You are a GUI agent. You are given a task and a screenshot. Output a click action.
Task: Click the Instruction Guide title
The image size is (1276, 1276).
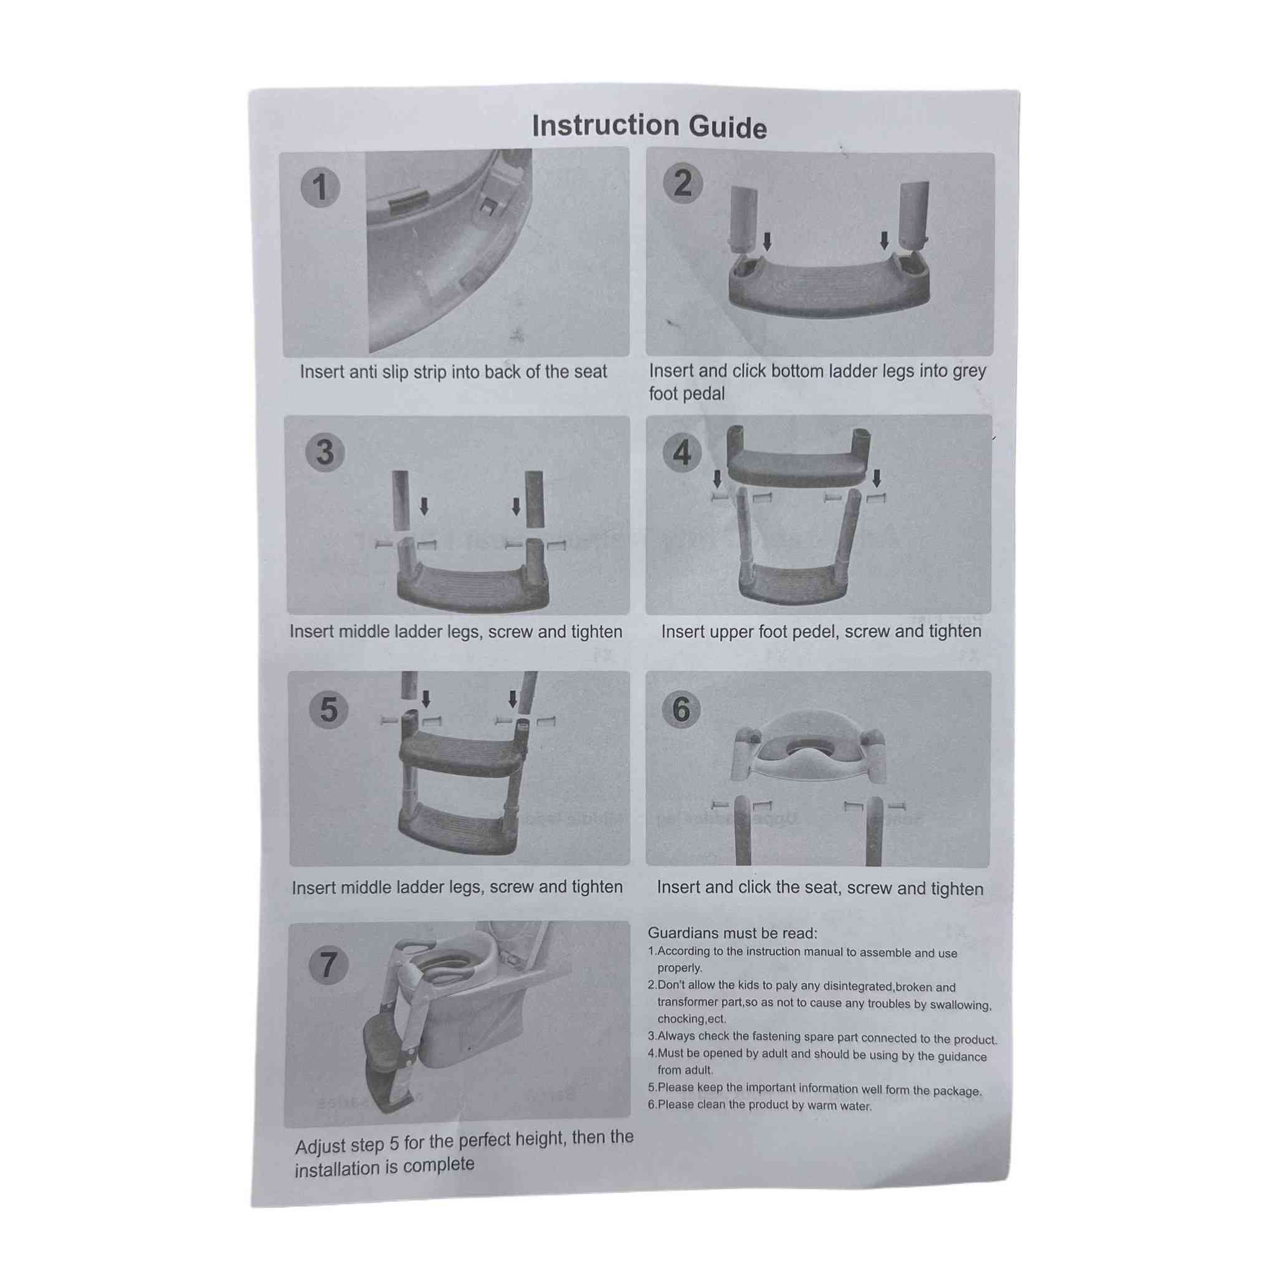tap(649, 126)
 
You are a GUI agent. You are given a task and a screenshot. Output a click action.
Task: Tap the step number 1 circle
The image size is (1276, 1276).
tap(320, 187)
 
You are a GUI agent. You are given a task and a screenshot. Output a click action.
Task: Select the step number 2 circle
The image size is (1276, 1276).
tap(683, 183)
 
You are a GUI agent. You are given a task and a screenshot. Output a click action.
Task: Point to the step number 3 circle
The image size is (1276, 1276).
tap(325, 452)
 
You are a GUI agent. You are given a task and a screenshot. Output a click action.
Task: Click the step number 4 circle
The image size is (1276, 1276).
tap(682, 452)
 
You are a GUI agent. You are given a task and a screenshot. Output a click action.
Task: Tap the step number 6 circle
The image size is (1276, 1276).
tap(682, 709)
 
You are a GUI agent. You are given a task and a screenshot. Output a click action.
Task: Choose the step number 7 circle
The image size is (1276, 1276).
tap(329, 965)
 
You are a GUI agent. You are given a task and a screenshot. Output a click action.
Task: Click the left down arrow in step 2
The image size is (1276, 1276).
tap(767, 241)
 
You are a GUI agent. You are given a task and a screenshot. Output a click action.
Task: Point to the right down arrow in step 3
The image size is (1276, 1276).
tap(516, 507)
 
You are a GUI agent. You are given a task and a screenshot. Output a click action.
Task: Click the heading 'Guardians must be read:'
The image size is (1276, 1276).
tap(733, 933)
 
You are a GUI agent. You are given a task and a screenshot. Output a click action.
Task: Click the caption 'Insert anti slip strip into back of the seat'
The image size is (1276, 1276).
tap(453, 372)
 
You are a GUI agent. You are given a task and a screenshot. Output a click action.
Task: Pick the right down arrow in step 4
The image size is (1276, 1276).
tap(877, 478)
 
